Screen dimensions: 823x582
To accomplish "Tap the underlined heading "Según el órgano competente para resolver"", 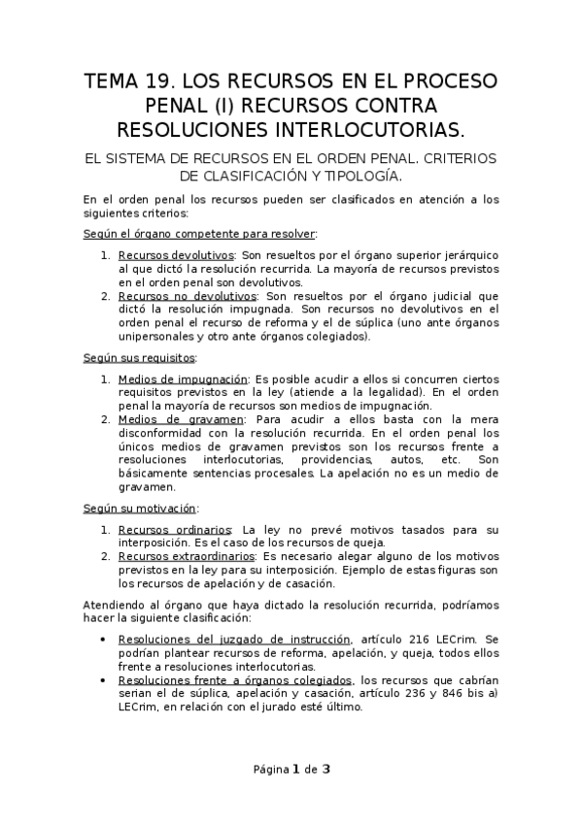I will click(200, 233).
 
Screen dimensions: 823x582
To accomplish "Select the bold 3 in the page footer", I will click(326, 770).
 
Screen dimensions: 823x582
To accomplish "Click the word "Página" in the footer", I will click(269, 770).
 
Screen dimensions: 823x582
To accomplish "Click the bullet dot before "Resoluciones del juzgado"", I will click(104, 640).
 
